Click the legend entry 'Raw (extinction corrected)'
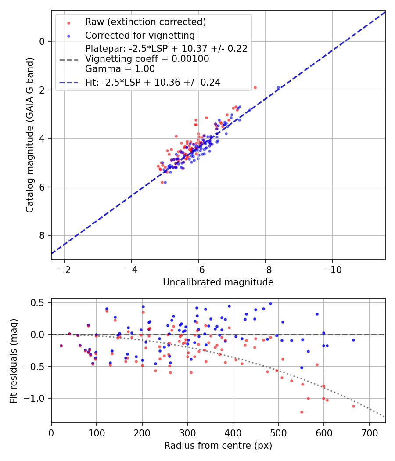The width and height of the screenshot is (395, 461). [145, 22]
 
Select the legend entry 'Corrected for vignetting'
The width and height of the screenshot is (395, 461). [140, 35]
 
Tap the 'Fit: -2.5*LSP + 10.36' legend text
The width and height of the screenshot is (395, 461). [152, 82]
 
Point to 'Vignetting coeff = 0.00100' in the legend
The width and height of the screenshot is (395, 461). [147, 59]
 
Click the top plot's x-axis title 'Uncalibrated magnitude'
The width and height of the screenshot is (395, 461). [218, 282]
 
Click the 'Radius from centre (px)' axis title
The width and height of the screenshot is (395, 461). [218, 446]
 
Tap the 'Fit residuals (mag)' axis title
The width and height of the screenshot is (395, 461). [14, 360]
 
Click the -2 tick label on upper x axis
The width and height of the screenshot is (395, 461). [65, 268]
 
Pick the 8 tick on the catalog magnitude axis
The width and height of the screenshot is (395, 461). [43, 236]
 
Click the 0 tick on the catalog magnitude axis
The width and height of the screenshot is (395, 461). [43, 42]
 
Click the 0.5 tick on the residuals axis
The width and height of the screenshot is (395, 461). [39, 303]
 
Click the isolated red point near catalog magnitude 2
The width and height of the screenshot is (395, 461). [255, 87]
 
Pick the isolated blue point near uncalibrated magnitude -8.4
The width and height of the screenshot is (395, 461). [278, 88]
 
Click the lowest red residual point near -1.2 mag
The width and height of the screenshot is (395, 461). [302, 412]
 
